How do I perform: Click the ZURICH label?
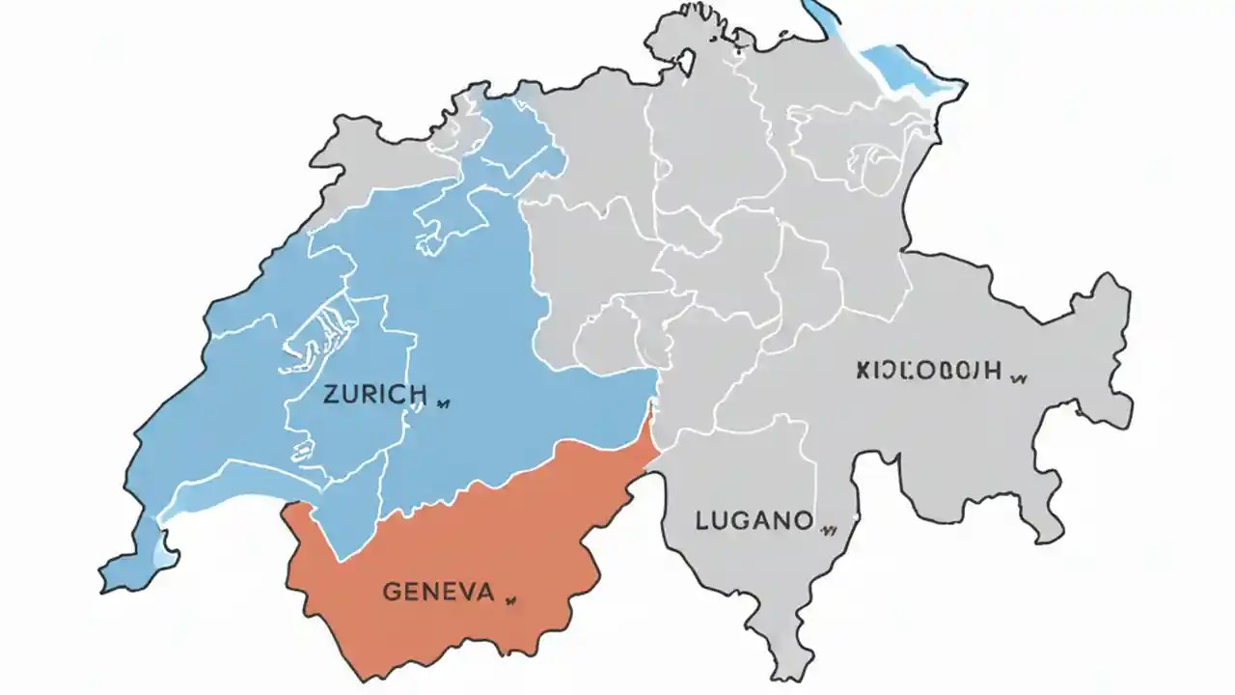pyautogui.click(x=375, y=394)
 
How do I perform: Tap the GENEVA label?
pyautogui.click(x=438, y=591)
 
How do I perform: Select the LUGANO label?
pyautogui.click(x=754, y=521)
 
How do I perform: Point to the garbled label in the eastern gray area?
pyautogui.click(x=928, y=370)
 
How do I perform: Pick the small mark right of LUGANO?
pyautogui.click(x=827, y=528)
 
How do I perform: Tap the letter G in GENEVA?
pyautogui.click(x=392, y=591)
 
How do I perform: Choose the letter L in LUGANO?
pyautogui.click(x=701, y=521)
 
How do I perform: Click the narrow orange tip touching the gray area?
pyautogui.click(x=653, y=425)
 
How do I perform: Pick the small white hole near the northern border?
pyautogui.click(x=688, y=63)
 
